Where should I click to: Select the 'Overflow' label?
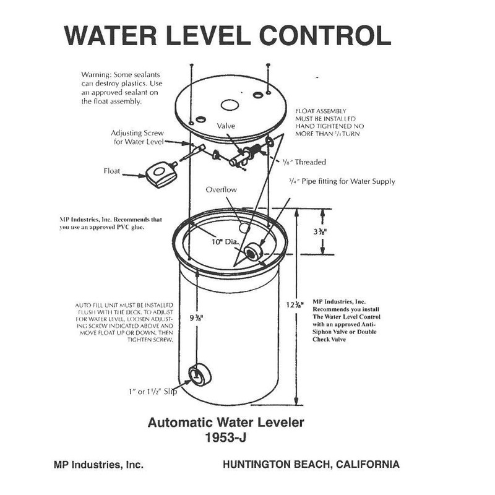222,189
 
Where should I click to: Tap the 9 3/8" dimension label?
197,318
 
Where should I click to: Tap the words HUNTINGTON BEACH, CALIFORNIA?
311,464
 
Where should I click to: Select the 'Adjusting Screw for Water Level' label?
137,137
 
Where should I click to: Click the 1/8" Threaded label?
304,162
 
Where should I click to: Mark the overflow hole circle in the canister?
244,228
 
